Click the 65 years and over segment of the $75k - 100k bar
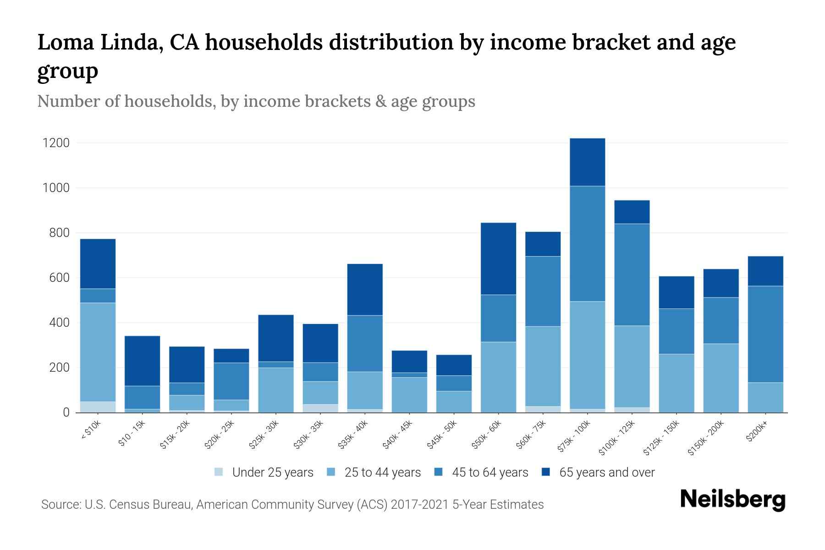[587, 162]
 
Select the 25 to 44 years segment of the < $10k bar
[98, 352]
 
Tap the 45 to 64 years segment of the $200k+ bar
[765, 334]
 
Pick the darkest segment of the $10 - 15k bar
[142, 361]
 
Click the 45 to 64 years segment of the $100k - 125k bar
[632, 275]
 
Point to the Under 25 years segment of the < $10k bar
[98, 407]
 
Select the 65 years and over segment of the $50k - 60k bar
[498, 258]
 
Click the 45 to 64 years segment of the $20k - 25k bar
[231, 381]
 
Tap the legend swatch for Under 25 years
[219, 472]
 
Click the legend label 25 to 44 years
[382, 473]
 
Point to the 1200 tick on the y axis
[56, 143]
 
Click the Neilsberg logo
[732, 500]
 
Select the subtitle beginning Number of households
[256, 101]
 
